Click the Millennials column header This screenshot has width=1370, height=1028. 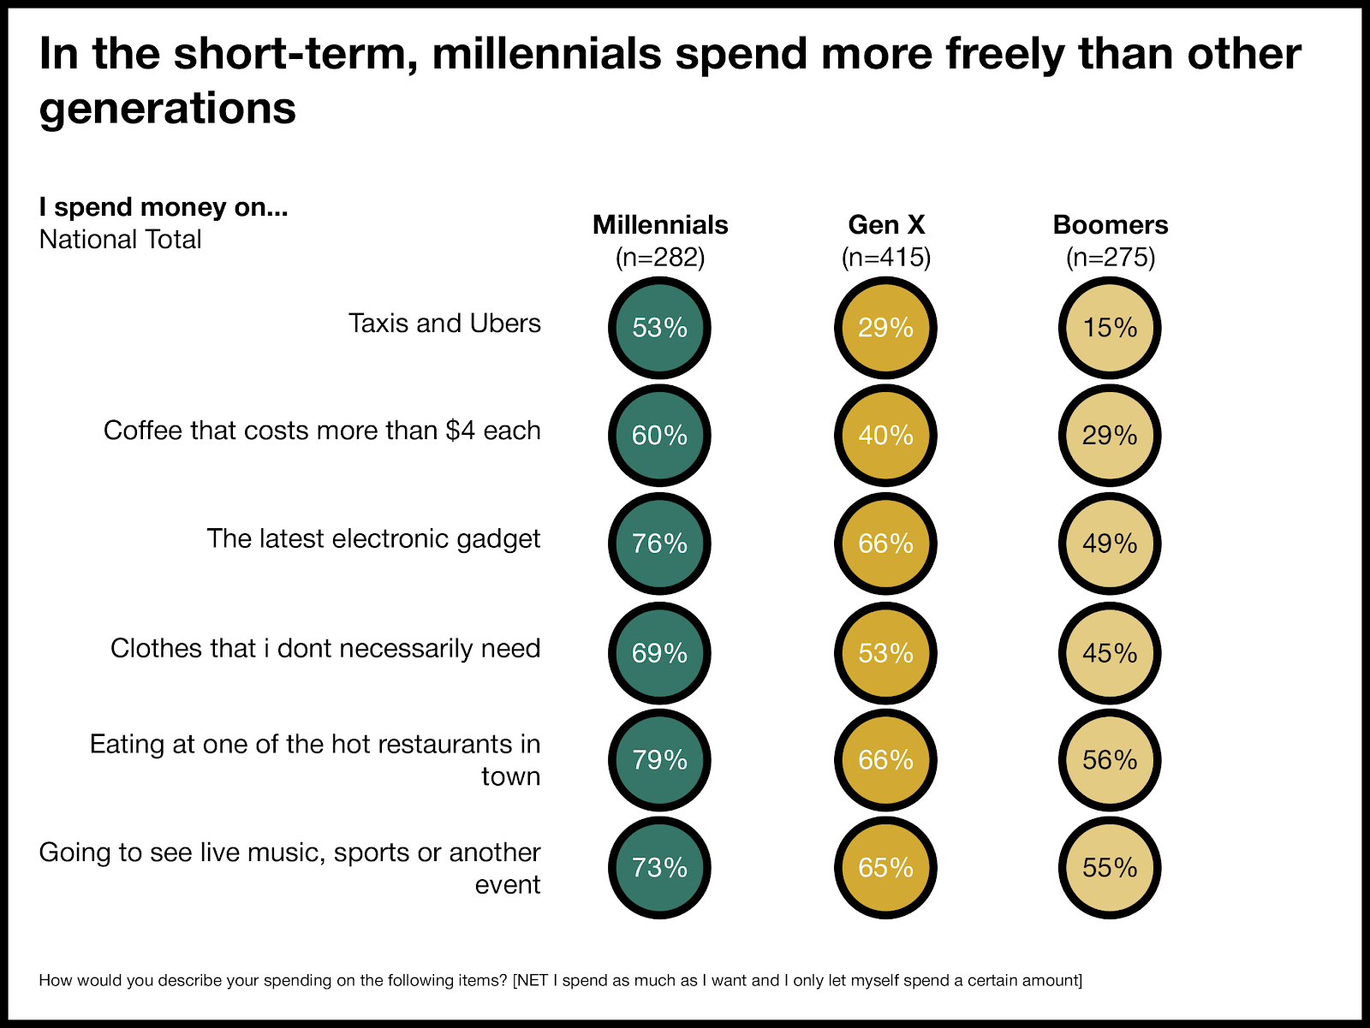coord(660,225)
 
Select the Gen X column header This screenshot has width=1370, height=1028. coord(886,225)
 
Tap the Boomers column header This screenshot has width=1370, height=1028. coord(1111,225)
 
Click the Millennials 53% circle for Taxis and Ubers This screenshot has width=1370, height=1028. coord(659,328)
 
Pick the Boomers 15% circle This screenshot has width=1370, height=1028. coord(1110,328)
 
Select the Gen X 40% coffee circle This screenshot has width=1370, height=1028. coord(885,436)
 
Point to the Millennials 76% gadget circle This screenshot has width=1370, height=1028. coord(659,544)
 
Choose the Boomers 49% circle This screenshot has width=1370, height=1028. coord(1110,544)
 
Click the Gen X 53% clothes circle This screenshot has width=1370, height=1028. coord(885,653)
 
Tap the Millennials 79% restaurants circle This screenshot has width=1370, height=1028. coord(659,760)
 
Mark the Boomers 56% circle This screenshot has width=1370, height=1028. coord(1110,760)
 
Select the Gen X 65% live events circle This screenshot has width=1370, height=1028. coord(885,868)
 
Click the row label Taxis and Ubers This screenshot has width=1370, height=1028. coord(444,324)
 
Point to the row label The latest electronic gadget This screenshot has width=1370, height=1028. coord(373,538)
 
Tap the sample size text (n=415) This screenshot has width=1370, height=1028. coord(886,258)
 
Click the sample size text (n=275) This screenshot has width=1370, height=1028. coord(1111,258)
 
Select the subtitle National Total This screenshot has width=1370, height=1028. coord(120,240)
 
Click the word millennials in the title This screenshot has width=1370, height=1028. coord(547,53)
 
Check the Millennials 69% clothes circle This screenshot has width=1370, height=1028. coord(659,653)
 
